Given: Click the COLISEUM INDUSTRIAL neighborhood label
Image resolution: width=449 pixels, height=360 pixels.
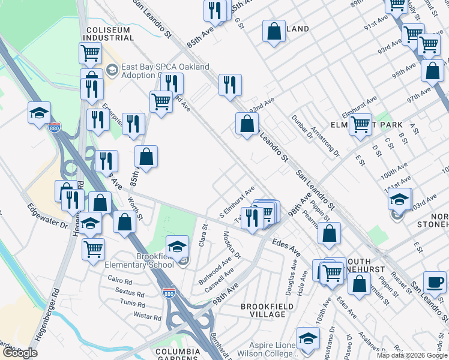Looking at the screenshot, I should (108, 34).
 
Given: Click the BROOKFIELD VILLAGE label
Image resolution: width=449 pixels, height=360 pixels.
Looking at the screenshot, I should (264, 310).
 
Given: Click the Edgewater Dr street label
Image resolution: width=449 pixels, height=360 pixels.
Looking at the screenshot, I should (47, 217).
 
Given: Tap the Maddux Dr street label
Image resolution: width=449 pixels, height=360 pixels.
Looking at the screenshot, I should (232, 245).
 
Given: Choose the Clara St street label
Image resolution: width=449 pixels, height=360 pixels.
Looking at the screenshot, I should (205, 232).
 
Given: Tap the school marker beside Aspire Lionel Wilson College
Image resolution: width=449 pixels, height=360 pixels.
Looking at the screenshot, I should (308, 338).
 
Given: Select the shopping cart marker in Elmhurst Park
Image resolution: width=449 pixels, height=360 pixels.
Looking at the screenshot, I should (360, 125).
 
